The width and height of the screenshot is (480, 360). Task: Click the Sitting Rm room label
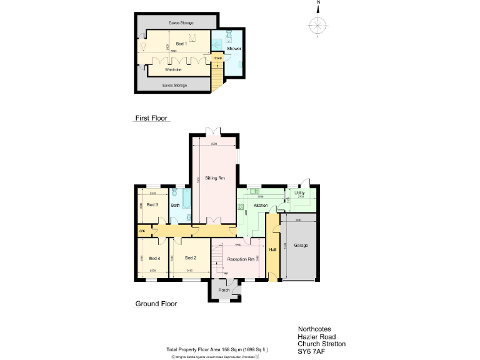pos(215,179)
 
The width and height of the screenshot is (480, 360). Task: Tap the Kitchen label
pos(261,205)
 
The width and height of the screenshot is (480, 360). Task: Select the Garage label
pos(301,246)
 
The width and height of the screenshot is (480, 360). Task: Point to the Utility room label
pos(300,193)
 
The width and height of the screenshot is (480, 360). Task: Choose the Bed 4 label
pos(154,258)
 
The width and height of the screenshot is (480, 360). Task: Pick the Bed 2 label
pos(191,258)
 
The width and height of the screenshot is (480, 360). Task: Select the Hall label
pos(272,250)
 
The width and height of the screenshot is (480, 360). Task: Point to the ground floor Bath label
pos(176,205)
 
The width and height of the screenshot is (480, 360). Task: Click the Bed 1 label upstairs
pos(181,44)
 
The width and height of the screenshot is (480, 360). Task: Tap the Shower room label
pos(234,48)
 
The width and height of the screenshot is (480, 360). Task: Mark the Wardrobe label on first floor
pos(173,70)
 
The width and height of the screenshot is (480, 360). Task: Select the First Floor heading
pos(152,117)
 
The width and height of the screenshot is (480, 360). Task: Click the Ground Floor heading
pos(156,304)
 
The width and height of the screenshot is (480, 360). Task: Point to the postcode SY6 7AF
pos(311,352)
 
